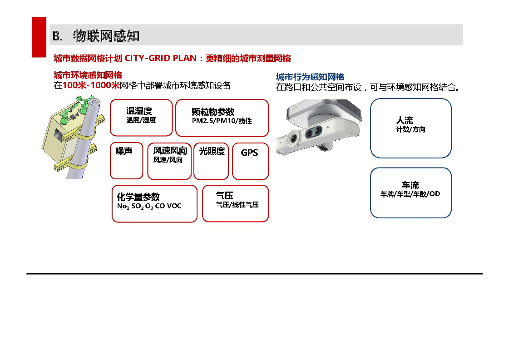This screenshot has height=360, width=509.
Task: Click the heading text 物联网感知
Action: click(106, 36)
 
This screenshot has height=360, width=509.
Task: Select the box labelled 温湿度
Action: click(141, 118)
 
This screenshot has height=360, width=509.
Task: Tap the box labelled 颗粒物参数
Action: click(222, 118)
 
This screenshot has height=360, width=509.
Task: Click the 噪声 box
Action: click(127, 161)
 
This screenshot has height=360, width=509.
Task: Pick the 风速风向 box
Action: click(169, 161)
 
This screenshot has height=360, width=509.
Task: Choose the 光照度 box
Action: click(211, 161)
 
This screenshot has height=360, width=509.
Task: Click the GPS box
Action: click(250, 161)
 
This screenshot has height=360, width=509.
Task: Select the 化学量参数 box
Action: click(154, 203)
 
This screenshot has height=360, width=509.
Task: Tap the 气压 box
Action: click(235, 203)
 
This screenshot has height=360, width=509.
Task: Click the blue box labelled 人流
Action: click(410, 128)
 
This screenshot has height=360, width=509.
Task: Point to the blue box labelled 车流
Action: click(410, 193)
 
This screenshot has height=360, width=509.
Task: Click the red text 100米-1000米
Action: click(91, 85)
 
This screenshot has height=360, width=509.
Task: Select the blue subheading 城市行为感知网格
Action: click(310, 77)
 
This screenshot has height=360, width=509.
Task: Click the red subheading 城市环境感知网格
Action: click(88, 75)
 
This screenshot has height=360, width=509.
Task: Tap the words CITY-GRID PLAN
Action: click(161, 59)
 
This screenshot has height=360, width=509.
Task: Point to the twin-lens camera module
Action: click(318, 127)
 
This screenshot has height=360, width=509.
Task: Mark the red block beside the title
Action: click(39, 37)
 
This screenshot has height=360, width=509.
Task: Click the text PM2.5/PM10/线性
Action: click(222, 121)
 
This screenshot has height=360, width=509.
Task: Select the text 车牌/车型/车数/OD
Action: click(410, 194)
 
